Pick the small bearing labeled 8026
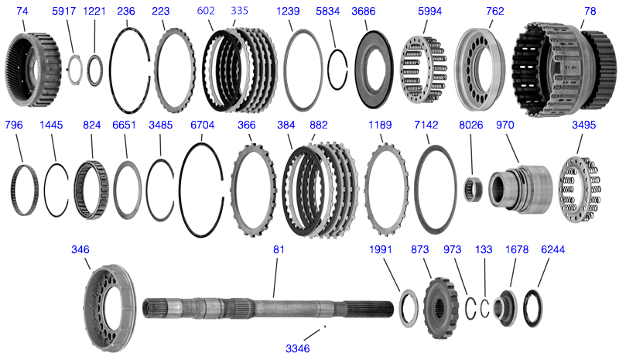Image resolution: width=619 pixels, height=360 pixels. pyautogui.click(x=473, y=189)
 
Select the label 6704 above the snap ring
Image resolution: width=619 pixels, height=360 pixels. pyautogui.click(x=202, y=125)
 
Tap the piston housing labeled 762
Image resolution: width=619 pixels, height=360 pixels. pyautogui.click(x=484, y=70)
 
